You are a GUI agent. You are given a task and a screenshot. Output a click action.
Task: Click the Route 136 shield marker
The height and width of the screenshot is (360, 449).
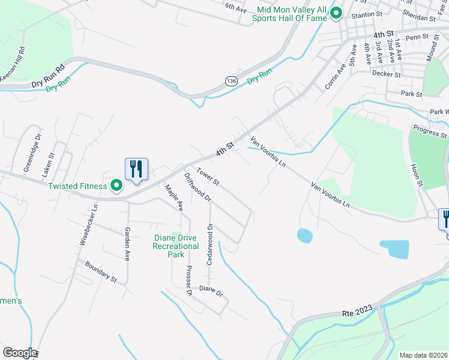[231, 80]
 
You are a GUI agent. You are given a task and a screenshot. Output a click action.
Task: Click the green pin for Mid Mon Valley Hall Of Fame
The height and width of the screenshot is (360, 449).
[336, 12]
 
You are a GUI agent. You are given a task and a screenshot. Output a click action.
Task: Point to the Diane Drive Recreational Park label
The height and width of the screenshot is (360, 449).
[176, 246]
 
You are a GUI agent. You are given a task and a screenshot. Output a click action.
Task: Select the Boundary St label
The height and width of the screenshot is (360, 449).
[100, 271]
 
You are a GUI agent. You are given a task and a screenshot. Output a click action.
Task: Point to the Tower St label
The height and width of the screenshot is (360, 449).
[208, 176]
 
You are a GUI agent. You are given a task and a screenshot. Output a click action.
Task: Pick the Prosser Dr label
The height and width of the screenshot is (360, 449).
[188, 280]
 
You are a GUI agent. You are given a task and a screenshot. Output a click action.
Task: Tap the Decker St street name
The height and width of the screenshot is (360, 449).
[386, 74]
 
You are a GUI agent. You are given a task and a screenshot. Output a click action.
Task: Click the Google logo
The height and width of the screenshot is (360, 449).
[19, 352]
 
